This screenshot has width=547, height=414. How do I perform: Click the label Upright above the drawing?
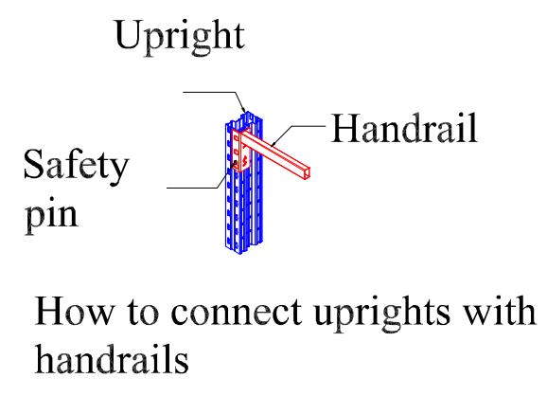click(x=180, y=37)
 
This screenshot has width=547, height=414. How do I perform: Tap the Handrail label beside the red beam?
click(x=404, y=128)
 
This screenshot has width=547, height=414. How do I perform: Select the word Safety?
click(x=76, y=167)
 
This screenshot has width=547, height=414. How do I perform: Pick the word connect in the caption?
click(x=237, y=311)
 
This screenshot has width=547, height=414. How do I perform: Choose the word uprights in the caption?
click(x=382, y=313)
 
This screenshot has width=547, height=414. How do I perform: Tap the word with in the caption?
click(x=500, y=311)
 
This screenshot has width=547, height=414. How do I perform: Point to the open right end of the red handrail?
click(x=307, y=173)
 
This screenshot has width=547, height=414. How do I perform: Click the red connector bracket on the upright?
click(x=240, y=151)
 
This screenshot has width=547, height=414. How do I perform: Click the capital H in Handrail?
click(x=343, y=128)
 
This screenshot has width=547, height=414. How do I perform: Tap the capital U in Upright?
click(x=128, y=34)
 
